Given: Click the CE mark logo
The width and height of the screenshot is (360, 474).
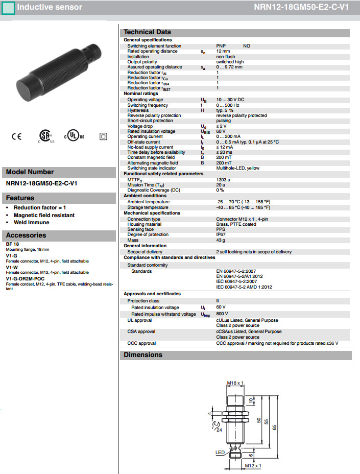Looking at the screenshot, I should coord(16,136).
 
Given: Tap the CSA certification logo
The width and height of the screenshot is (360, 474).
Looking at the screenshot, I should coord(46,136).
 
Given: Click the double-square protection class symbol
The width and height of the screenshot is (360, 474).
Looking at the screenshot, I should coord(103,136).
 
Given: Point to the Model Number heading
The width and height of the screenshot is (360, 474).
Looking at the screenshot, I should coord(30,172).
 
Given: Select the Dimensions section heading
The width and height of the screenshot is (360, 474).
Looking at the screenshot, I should coord(143,355).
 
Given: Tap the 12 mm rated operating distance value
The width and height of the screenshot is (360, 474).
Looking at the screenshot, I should coord(223,51).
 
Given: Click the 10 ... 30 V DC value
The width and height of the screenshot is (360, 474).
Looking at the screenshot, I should coord(230,100).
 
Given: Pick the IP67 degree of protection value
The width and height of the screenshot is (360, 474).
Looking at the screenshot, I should coord(221,234).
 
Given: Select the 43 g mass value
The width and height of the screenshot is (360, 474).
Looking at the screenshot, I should coord(221,240).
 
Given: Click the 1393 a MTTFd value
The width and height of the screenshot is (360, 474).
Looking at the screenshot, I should coord(223,180).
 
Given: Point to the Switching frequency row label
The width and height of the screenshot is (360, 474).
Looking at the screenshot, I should coord(148,105).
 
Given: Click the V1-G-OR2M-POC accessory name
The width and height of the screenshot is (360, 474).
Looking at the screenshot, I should coord(25,279).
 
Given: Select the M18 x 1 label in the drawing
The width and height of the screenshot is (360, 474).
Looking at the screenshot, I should coord(235,383).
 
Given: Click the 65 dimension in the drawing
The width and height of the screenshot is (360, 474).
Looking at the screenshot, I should coord(274,427).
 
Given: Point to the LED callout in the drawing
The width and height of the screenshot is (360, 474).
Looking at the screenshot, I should coord(220,453).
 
